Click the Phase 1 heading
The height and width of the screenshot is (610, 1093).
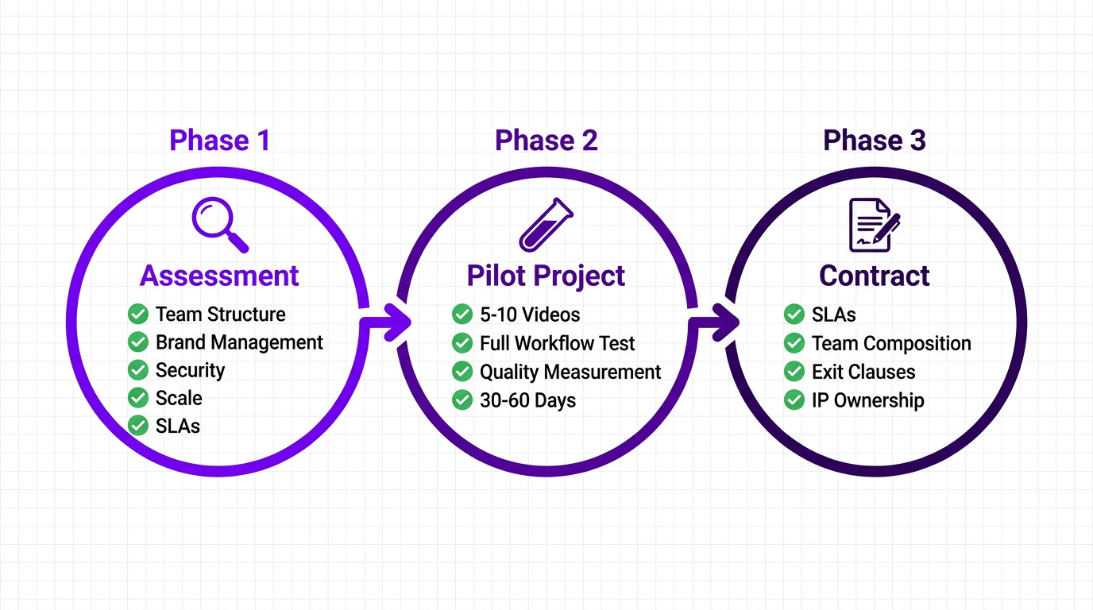tap(219, 141)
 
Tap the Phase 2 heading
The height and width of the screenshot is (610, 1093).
tap(546, 141)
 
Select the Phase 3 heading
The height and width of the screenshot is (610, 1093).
tap(874, 141)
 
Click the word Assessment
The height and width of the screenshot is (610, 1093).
tap(219, 276)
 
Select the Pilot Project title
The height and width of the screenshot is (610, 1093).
tap(546, 276)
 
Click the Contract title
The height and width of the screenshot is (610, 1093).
tap(874, 276)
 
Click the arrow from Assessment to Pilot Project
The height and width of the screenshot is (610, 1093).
tap(386, 322)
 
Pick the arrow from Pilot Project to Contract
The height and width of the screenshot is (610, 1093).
tap(714, 322)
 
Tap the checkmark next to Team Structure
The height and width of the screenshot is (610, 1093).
tap(138, 315)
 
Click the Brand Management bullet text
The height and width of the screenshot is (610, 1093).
tap(239, 342)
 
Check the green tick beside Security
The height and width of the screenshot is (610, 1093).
tap(138, 370)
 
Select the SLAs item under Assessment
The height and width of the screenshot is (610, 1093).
tap(177, 426)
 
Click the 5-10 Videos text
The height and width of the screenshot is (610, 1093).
tap(530, 315)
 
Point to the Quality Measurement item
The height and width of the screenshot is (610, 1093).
tap(570, 372)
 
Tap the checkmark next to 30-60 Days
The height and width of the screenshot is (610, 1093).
tap(462, 400)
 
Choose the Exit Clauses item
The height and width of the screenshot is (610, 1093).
tap(863, 372)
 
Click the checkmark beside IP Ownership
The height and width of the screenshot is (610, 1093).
tap(794, 400)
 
